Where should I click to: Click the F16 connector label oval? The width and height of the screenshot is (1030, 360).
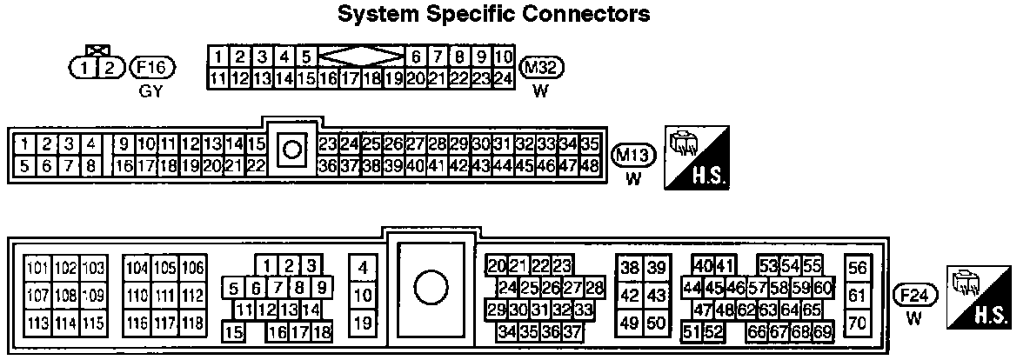pos(152,67)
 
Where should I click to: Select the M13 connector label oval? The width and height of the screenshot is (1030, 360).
pos(633,157)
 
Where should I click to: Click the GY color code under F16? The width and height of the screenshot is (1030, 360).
pos(151,90)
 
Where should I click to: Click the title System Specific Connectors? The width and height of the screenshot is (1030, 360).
pos(493,15)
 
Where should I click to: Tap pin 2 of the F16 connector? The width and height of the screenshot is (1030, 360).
pos(109,67)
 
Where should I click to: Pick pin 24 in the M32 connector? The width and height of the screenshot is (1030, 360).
pos(503,79)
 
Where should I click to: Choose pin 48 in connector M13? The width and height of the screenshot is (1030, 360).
pos(590,164)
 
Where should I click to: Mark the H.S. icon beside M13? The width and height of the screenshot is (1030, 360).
pos(697,157)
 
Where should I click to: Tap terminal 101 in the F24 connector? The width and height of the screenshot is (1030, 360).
pos(37,267)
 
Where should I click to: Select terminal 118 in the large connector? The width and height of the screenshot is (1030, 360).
pos(192,323)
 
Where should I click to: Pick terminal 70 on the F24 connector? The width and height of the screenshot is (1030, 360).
pos(858,323)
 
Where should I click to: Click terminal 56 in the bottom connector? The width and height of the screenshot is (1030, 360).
pos(858,268)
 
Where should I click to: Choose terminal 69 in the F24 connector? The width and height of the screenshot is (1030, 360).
pos(822,331)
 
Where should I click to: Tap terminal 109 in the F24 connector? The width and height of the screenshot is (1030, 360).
pos(92,295)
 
